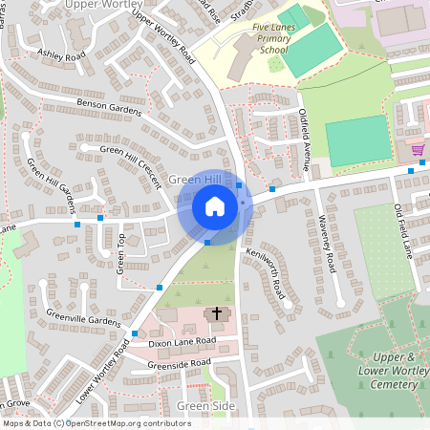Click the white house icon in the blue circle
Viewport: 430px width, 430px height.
coord(215,206)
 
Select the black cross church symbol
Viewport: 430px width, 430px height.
coord(217,312)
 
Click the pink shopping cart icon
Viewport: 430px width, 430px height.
coord(417,149)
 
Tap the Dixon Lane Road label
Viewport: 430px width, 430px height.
coord(182,341)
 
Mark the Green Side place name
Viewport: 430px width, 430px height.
coord(205,406)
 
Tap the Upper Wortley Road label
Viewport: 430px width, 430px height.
coord(163,37)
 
